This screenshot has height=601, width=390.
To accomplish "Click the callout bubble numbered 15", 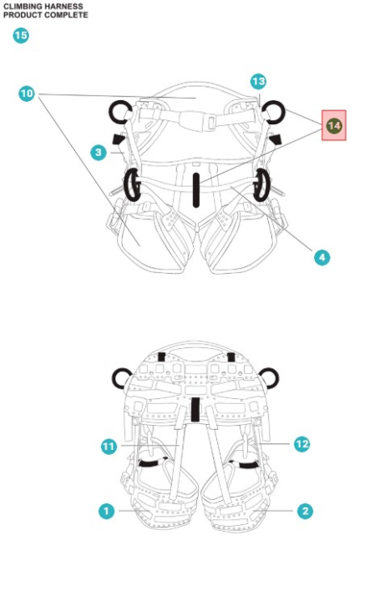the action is coord(21,36).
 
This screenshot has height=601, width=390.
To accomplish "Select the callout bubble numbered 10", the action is coord(27,93).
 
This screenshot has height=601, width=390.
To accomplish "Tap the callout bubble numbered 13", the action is coord(258,82).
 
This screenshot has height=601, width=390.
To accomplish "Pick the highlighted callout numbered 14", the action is coord(333,125).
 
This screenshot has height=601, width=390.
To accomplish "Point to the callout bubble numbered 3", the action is coord(99,153).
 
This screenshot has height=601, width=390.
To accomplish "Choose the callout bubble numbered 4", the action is coord(322,258).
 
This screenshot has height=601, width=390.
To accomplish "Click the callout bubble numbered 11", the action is coord(109,447).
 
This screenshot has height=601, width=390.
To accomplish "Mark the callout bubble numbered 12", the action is coord(301,444).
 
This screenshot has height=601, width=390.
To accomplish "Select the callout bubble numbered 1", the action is coord(106,511).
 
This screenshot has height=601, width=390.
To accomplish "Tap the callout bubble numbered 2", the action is coord(306,511).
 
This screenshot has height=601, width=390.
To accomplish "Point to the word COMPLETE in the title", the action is coord(66,15).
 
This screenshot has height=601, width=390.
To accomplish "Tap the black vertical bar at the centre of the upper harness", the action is coord(196,190).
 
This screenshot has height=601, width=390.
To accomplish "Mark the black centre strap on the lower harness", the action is coord(195,409).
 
